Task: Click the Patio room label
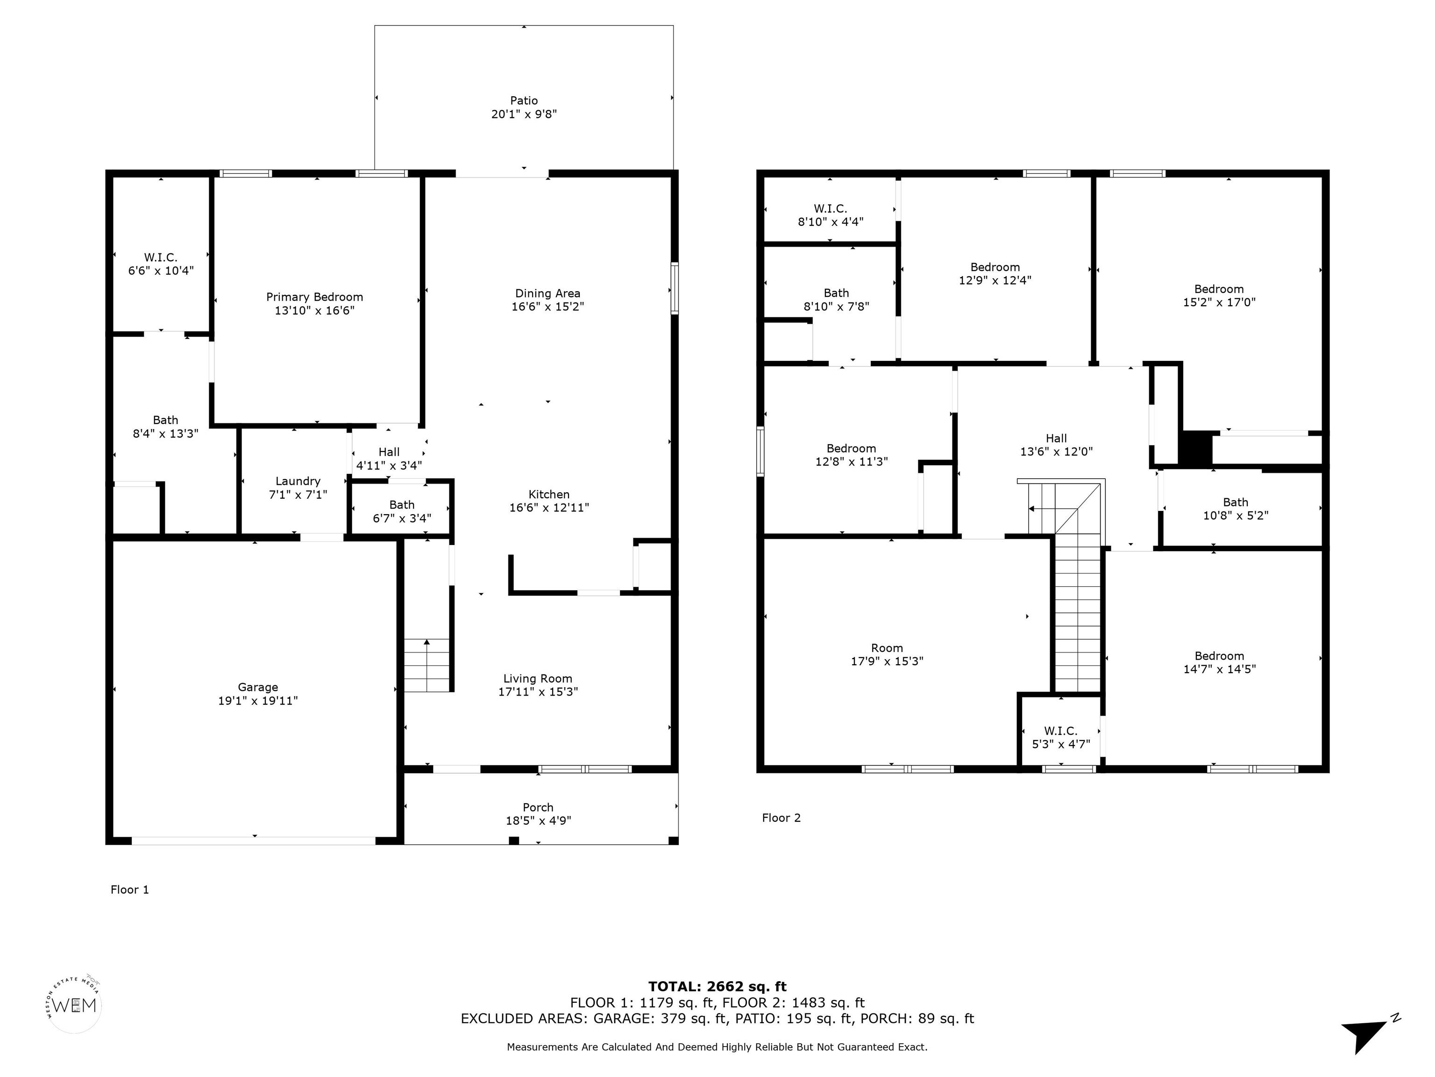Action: point(524,101)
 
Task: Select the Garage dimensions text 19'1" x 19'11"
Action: point(258,701)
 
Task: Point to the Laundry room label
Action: point(298,481)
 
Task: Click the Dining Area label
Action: point(547,294)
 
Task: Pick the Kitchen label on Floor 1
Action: point(549,495)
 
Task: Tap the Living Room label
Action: point(538,679)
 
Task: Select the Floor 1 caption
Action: point(130,890)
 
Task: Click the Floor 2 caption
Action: point(781,818)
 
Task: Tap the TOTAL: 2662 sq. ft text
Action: point(717,987)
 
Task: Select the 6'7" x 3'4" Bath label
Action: point(402,511)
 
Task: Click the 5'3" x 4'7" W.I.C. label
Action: point(1061,738)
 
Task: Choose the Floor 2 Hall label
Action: point(1056,439)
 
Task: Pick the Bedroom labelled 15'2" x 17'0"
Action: point(1219,295)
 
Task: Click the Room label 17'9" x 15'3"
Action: point(887,654)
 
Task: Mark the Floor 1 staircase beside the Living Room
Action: point(427,666)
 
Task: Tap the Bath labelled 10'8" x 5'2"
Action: point(1235,509)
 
